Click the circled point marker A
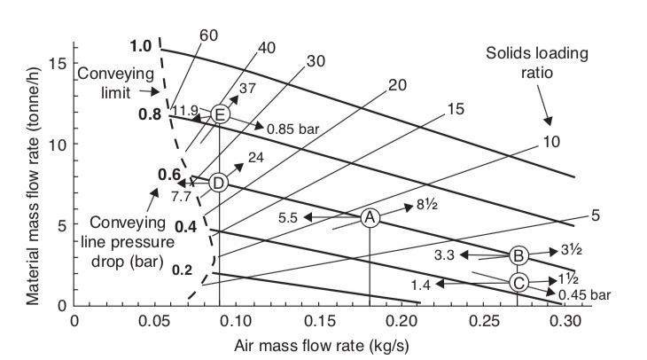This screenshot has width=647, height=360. pyautogui.click(x=370, y=217)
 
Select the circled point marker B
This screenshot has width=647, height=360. pyautogui.click(x=518, y=255)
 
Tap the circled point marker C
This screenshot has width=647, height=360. pyautogui.click(x=518, y=282)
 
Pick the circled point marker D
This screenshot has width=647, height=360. pyautogui.click(x=219, y=183)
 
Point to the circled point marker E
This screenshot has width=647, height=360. pyautogui.click(x=220, y=114)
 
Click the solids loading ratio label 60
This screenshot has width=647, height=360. pyautogui.click(x=208, y=35)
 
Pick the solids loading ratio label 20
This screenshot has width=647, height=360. pyautogui.click(x=397, y=87)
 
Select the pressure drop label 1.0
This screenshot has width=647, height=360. pyautogui.click(x=140, y=47)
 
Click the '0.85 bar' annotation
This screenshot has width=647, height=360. pyautogui.click(x=292, y=128)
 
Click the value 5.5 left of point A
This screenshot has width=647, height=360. pyautogui.click(x=289, y=217)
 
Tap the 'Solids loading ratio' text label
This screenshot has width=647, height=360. pyautogui.click(x=523, y=63)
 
